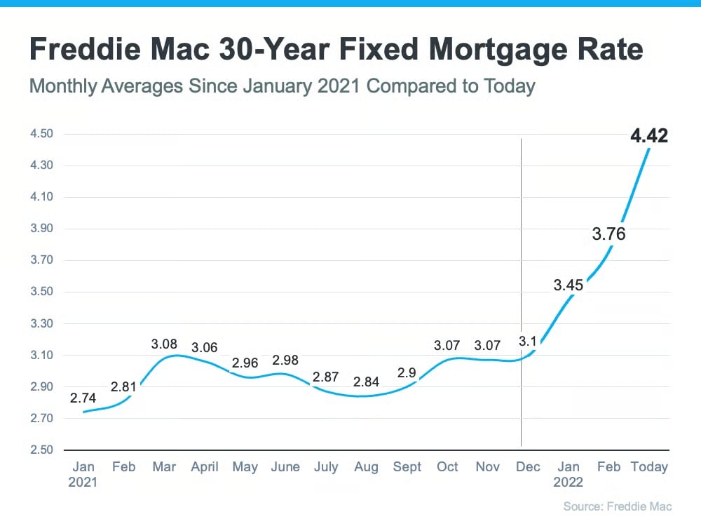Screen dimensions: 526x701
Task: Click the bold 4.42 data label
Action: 649,135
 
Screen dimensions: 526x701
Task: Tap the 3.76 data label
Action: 608,234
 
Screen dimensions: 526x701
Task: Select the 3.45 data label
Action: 568,285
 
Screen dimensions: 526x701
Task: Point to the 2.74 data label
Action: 83,398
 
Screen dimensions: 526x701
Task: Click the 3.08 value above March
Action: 164,344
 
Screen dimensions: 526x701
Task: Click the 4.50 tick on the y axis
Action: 43,134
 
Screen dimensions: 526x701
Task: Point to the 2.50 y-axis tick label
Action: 43,450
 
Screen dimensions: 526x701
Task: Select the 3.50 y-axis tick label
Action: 43,292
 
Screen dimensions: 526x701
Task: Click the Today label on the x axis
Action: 649,467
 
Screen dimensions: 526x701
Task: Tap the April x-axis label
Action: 205,467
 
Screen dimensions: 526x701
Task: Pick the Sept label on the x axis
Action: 407,467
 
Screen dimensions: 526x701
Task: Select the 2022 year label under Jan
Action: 568,483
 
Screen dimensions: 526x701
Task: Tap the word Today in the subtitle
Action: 508,87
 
